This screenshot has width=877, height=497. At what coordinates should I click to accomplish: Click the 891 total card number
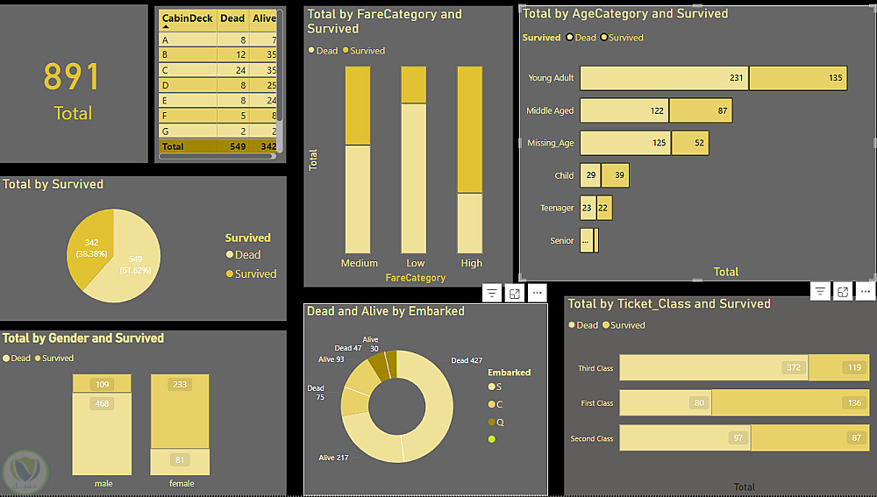point(72,77)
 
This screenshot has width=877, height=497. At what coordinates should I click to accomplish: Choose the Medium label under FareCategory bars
point(359,263)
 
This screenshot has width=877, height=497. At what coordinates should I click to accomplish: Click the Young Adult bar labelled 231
point(664,78)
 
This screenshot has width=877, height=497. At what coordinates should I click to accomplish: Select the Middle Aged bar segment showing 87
point(700,110)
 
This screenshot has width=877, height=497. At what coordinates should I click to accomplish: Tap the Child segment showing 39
point(615,175)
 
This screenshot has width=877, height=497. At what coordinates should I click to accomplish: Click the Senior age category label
point(562,240)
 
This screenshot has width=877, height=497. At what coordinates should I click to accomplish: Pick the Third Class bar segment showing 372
point(713,368)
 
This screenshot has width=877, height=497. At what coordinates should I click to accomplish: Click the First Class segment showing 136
point(790,403)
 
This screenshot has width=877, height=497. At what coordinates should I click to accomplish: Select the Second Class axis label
point(592,438)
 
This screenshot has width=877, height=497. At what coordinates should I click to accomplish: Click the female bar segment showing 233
point(180,412)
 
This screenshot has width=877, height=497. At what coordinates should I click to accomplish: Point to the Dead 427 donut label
point(466,360)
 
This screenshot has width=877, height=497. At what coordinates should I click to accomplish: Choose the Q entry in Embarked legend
point(500,422)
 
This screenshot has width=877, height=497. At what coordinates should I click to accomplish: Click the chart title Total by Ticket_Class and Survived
point(669,304)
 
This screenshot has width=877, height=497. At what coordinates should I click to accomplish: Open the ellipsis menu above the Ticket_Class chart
point(866,292)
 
